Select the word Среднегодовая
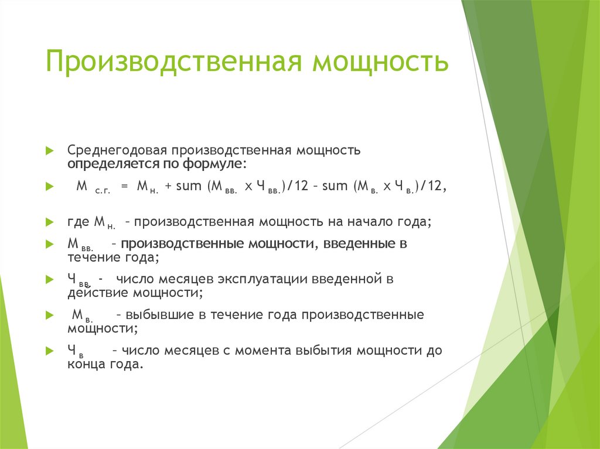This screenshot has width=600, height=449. click(117, 150)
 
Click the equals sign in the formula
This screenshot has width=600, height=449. click(124, 187)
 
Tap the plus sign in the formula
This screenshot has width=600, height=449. click(168, 187)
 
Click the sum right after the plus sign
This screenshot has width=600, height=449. click(189, 187)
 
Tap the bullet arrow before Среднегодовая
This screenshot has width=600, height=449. click(50, 150)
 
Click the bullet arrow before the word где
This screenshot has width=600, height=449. click(50, 222)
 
